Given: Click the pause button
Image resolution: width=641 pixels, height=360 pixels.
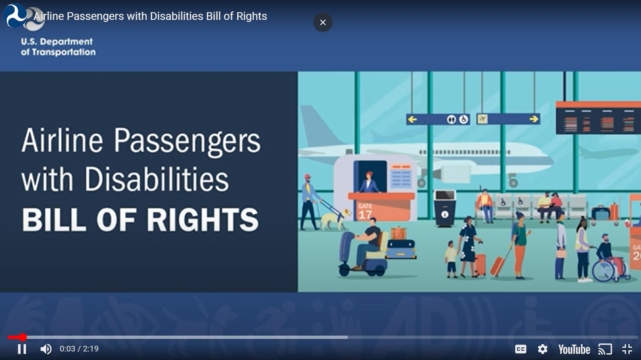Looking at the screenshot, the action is pyautogui.click(x=22, y=349).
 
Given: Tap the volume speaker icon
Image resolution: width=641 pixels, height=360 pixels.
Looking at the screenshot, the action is pyautogui.click(x=46, y=349).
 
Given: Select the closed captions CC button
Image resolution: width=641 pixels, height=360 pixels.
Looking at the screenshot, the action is pyautogui.click(x=520, y=349).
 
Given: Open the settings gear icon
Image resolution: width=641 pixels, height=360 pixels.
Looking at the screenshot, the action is pyautogui.click(x=543, y=349).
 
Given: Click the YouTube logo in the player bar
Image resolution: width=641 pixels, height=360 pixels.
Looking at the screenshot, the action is pyautogui.click(x=574, y=349).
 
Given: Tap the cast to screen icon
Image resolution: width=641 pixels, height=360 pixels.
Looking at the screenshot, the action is pyautogui.click(x=605, y=349).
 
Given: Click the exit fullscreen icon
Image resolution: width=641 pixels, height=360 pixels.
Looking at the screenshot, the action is pyautogui.click(x=627, y=349).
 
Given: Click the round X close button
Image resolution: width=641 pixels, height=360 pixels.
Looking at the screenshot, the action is pyautogui.click(x=323, y=22).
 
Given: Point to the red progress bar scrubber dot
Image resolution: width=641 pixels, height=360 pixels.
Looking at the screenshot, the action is pyautogui.click(x=23, y=337).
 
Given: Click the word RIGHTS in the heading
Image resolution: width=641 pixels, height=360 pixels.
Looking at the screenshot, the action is pyautogui.click(x=203, y=220).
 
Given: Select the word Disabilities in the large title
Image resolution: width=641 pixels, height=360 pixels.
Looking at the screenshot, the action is pyautogui.click(x=156, y=179).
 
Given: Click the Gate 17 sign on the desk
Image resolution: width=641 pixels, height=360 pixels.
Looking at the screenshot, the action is pyautogui.click(x=365, y=211).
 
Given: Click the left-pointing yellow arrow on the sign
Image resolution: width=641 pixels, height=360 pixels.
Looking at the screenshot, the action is pyautogui.click(x=412, y=119).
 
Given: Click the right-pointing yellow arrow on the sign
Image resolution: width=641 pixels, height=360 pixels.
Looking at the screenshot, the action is pyautogui.click(x=534, y=119).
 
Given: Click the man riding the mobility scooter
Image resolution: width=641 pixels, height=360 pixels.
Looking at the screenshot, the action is pyautogui.click(x=368, y=243).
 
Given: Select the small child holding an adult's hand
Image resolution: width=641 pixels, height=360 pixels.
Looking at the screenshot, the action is pyautogui.click(x=451, y=259).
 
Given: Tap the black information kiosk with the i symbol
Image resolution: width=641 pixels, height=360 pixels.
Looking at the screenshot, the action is pyautogui.click(x=445, y=209).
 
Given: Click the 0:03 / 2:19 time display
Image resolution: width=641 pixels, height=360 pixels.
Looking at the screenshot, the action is pyautogui.click(x=79, y=349).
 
